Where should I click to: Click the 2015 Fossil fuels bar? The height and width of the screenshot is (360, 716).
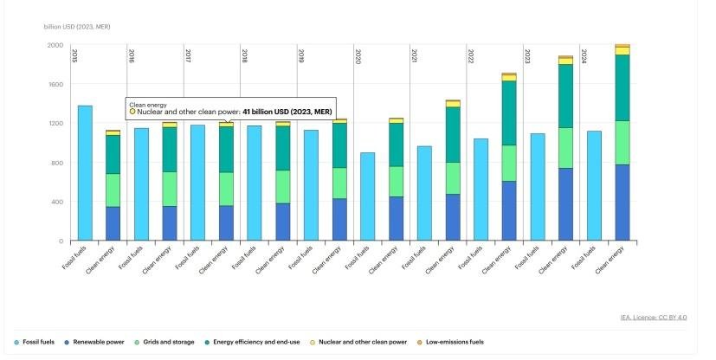point(85,173)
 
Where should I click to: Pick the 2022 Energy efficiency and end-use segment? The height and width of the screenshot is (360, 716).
point(509,112)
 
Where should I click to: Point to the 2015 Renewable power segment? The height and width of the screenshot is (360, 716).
point(113,223)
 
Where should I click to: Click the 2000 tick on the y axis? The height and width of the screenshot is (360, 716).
point(55,45)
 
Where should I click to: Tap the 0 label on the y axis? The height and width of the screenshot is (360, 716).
point(61,241)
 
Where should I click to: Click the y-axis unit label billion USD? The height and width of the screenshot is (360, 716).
point(77,27)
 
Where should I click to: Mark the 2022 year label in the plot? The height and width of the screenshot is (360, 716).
point(471,56)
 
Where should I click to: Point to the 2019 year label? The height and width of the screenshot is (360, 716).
point(301,56)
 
